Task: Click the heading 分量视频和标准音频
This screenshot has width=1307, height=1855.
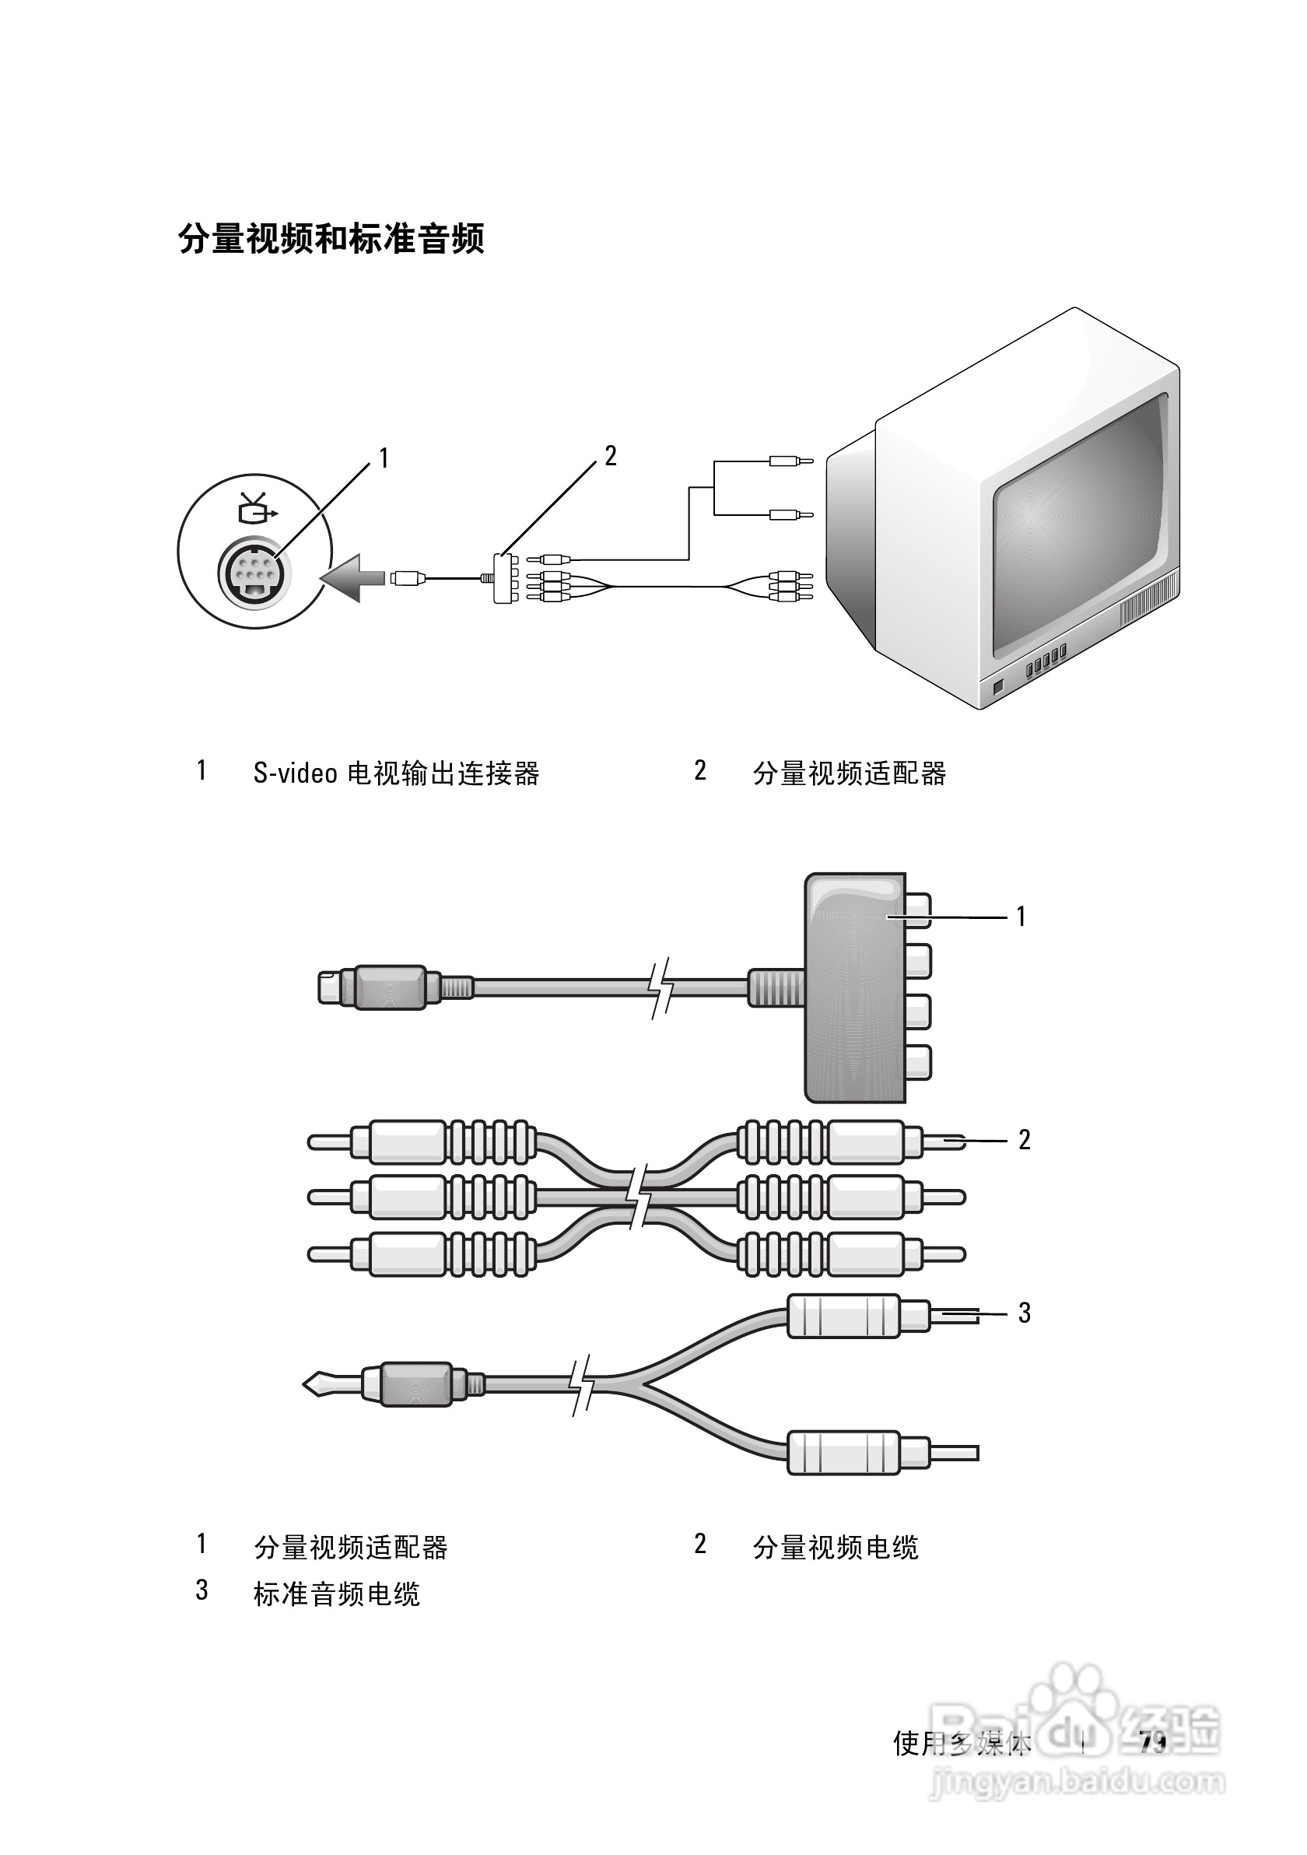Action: (331, 239)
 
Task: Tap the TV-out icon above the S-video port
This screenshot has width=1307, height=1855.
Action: (256, 508)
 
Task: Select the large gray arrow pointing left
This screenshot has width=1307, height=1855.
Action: (352, 577)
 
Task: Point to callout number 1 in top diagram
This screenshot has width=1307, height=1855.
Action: (384, 459)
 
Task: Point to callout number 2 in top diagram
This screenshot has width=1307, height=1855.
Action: (611, 457)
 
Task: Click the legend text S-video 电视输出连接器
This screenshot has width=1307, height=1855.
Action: (396, 773)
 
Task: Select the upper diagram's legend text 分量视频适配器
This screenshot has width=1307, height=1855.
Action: (849, 773)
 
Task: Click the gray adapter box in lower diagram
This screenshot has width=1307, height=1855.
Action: (855, 987)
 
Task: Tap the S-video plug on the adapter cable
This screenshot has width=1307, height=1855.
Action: (380, 987)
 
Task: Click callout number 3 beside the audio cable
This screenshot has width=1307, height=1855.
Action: (1024, 1313)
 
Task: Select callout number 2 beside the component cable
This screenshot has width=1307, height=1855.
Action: (1024, 1140)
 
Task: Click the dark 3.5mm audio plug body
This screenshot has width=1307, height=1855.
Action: (415, 1384)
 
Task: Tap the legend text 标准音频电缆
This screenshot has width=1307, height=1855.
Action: (336, 1594)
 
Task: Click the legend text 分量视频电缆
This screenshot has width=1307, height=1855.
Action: (836, 1547)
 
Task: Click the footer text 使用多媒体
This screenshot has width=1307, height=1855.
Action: (962, 1744)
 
